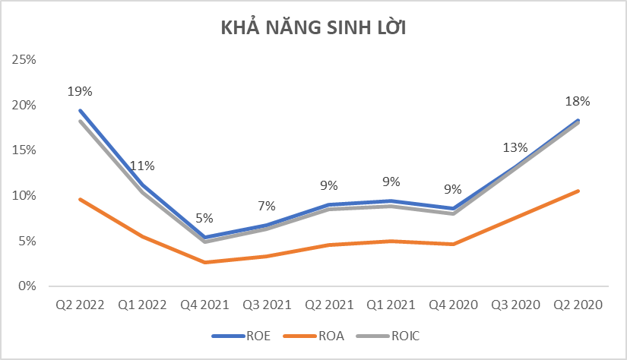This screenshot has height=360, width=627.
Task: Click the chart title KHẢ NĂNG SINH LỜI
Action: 313,29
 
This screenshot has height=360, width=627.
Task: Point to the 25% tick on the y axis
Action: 25,59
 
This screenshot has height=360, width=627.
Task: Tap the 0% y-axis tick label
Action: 27,286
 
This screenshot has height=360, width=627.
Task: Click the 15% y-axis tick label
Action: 25,150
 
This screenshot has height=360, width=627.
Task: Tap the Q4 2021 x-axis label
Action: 204,305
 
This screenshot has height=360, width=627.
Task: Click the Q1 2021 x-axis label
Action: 391,305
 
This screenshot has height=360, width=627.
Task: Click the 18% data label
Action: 578,101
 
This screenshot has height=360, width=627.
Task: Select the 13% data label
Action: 515,147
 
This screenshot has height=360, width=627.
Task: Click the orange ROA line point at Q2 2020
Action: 578,191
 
